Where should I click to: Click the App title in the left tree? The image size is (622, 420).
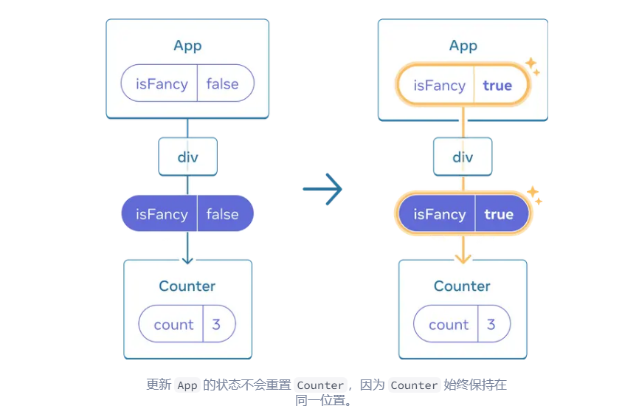pyautogui.click(x=187, y=46)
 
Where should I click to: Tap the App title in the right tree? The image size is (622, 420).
pyautogui.click(x=463, y=46)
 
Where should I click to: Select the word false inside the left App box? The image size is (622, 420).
pyautogui.click(x=222, y=83)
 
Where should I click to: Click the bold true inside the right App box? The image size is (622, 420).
pyautogui.click(x=497, y=86)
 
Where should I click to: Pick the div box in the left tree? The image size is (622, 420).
pyautogui.click(x=187, y=156)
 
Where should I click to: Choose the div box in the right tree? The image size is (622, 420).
pyautogui.click(x=463, y=156)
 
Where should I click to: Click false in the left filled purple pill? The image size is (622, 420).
pyautogui.click(x=222, y=214)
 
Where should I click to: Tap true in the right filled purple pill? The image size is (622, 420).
pyautogui.click(x=498, y=214)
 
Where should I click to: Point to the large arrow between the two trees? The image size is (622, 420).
pyautogui.click(x=322, y=189)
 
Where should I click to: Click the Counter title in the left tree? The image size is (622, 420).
pyautogui.click(x=187, y=286)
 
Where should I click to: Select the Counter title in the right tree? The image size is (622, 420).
pyautogui.click(x=462, y=286)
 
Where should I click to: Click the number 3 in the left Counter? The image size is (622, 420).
pyautogui.click(x=216, y=325)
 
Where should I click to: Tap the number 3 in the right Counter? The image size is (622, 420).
pyautogui.click(x=491, y=325)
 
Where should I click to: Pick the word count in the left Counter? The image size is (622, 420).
pyautogui.click(x=173, y=325)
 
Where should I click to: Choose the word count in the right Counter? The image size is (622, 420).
pyautogui.click(x=449, y=325)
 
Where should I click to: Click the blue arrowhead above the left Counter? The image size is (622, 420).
pyautogui.click(x=187, y=258)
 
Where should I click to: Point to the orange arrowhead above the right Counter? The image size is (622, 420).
pyautogui.click(x=463, y=258)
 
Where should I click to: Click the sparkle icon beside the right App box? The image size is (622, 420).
pyautogui.click(x=532, y=67)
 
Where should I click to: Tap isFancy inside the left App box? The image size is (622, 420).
pyautogui.click(x=162, y=83)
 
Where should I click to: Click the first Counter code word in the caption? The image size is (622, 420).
pyautogui.click(x=320, y=385)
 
